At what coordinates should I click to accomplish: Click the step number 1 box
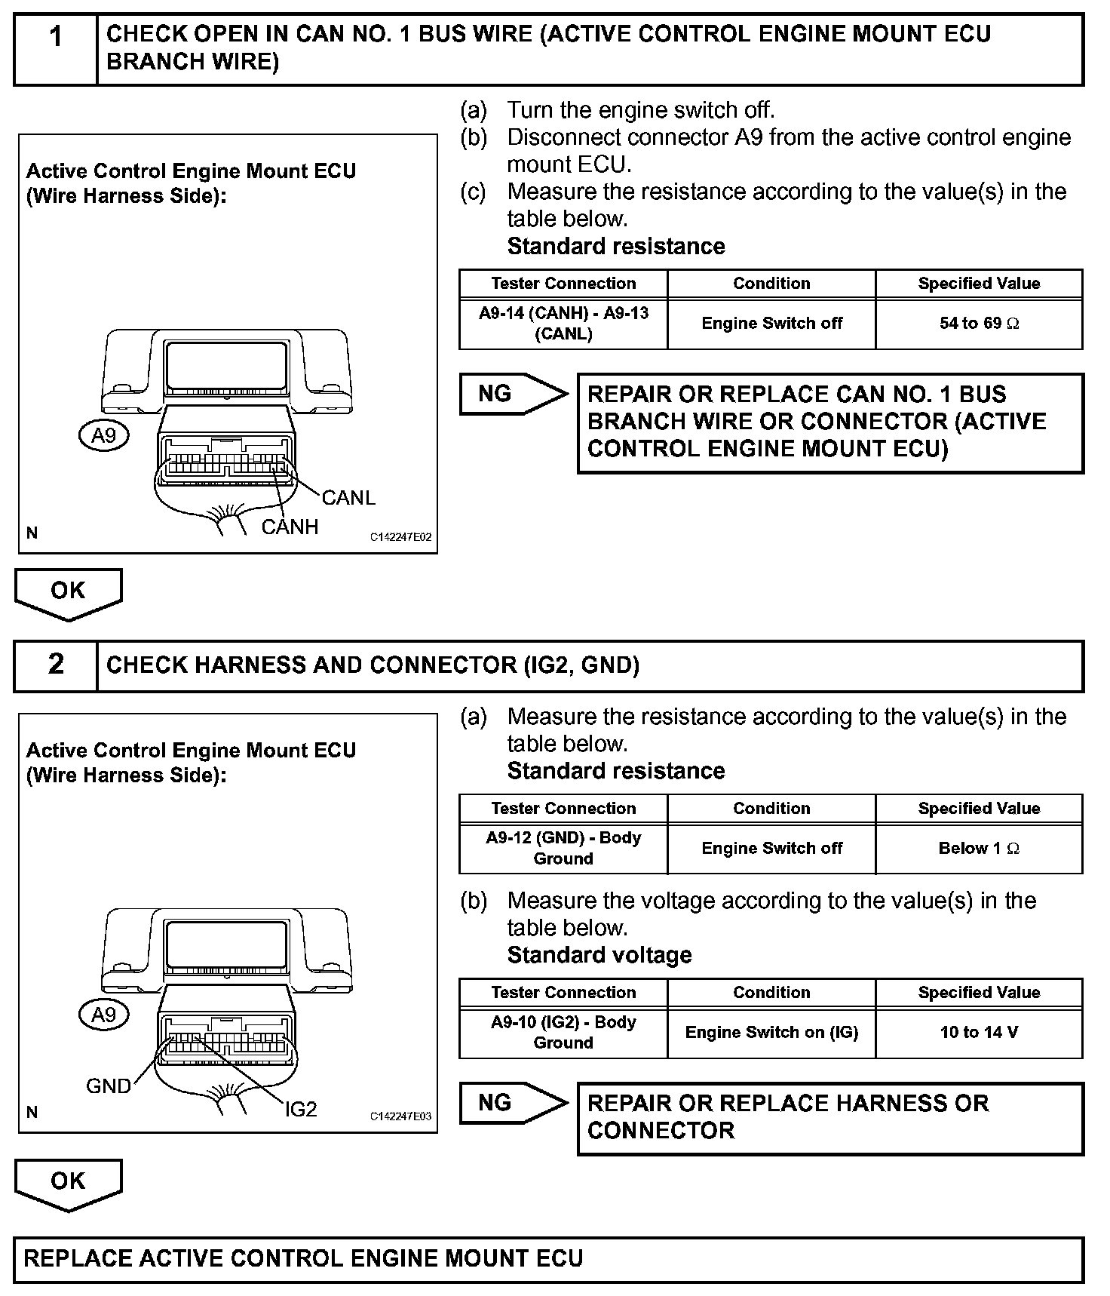pyautogui.click(x=55, y=48)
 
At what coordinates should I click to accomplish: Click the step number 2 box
pyautogui.click(x=55, y=665)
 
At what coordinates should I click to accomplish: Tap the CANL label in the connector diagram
pyautogui.click(x=348, y=498)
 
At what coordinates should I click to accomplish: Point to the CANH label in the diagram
pyautogui.click(x=290, y=527)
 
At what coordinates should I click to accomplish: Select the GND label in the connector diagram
pyautogui.click(x=109, y=1086)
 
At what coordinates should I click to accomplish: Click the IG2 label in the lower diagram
pyautogui.click(x=301, y=1108)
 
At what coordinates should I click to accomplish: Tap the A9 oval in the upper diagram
pyautogui.click(x=103, y=435)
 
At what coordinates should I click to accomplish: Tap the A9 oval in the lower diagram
pyautogui.click(x=103, y=1015)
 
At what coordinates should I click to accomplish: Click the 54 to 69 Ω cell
pyautogui.click(x=979, y=324)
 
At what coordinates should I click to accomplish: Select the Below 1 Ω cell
pyautogui.click(x=979, y=849)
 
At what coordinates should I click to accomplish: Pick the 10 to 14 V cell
pyautogui.click(x=979, y=1032)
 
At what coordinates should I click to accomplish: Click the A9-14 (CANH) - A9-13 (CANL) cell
pyautogui.click(x=563, y=324)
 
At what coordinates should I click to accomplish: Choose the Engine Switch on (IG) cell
pyautogui.click(x=771, y=1032)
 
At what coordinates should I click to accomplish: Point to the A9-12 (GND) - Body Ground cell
pyautogui.click(x=563, y=849)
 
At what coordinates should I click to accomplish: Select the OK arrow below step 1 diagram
pyautogui.click(x=68, y=592)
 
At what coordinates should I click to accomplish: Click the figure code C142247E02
pyautogui.click(x=400, y=537)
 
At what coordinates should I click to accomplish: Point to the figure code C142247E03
pyautogui.click(x=400, y=1116)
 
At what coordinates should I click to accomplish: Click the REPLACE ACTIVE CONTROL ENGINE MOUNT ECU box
pyautogui.click(x=548, y=1258)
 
